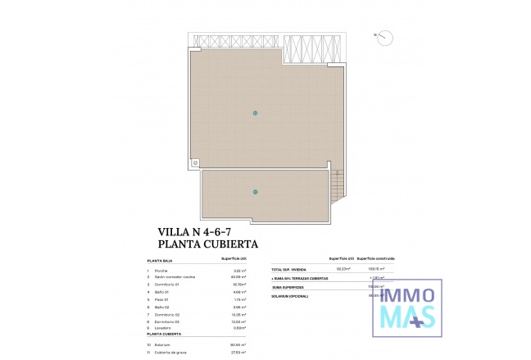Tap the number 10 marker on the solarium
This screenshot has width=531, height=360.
tap(255, 112)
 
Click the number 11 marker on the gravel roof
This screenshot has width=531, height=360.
tap(255, 192)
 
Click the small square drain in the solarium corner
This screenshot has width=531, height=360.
tap(197, 162)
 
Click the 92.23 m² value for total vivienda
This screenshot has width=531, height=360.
tap(344, 269)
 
